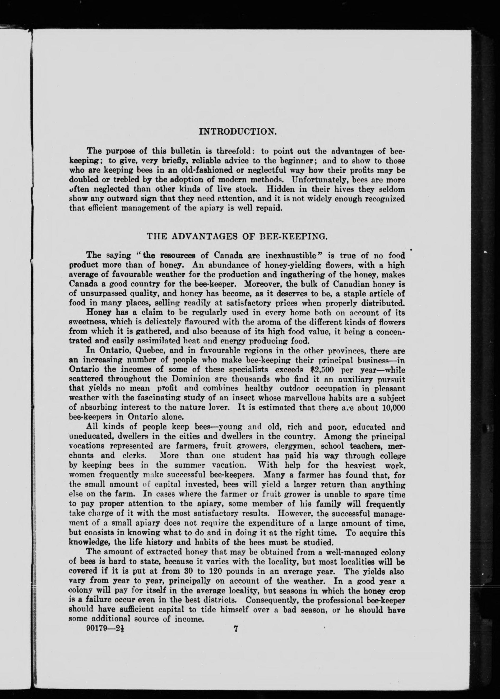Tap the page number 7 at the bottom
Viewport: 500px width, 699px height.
(236, 629)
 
